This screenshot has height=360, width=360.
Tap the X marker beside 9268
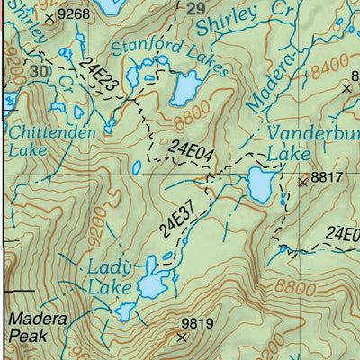(x=49, y=15)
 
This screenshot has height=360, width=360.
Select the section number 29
(x=195, y=9)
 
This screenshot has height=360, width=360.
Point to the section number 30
(x=37, y=70)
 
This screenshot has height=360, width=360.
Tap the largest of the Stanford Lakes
(x=186, y=87)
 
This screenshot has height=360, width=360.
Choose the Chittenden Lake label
(x=40, y=141)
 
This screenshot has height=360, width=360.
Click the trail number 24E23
(x=99, y=74)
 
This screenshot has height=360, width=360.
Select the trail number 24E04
(x=190, y=149)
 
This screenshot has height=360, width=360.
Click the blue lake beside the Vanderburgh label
(x=260, y=185)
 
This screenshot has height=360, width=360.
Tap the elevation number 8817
(x=328, y=179)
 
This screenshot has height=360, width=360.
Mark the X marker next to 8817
(x=302, y=180)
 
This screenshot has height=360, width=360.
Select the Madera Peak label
(x=31, y=328)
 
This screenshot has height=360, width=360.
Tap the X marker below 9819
(x=183, y=337)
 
